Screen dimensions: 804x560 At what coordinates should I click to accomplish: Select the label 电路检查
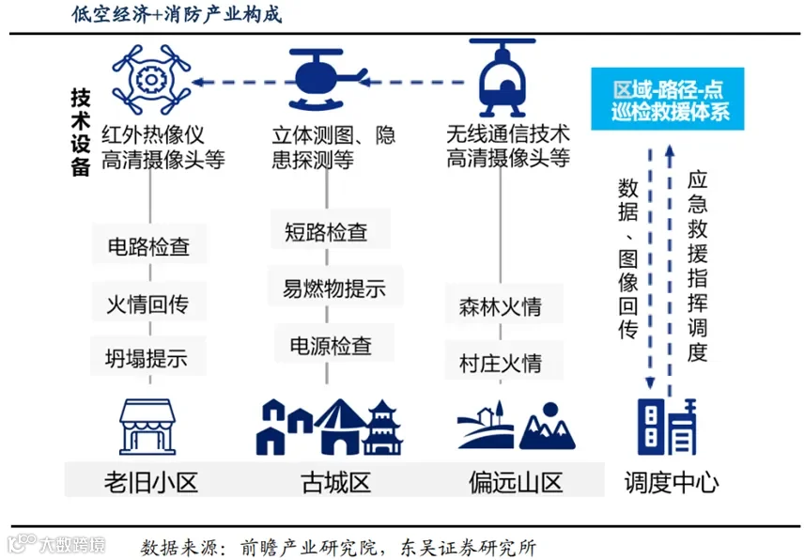[148, 247]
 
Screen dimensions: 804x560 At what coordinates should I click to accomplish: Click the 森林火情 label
[500, 307]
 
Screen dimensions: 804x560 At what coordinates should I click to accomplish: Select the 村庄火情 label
[500, 362]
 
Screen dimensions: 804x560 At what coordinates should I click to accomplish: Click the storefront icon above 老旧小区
[150, 426]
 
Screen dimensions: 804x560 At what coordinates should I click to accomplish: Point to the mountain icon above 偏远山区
[547, 428]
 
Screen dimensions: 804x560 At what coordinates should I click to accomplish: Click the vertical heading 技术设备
[81, 131]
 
